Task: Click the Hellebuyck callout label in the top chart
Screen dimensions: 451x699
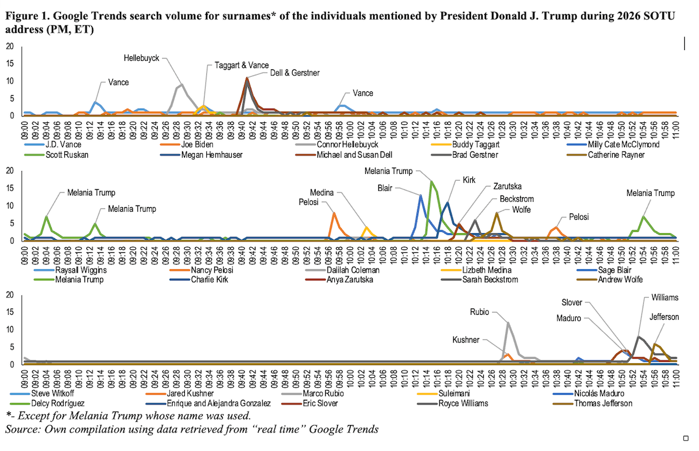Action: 141,57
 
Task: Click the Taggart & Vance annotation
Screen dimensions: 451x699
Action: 241,65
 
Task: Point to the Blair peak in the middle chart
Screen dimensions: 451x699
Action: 420,195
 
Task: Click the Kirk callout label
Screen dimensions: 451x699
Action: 468,180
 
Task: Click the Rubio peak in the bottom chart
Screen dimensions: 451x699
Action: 508,323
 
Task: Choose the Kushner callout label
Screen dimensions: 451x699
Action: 467,340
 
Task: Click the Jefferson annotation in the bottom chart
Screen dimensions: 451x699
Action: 665,317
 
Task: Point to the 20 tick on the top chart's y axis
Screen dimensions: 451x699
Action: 10,46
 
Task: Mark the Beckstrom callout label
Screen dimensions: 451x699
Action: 516,199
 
